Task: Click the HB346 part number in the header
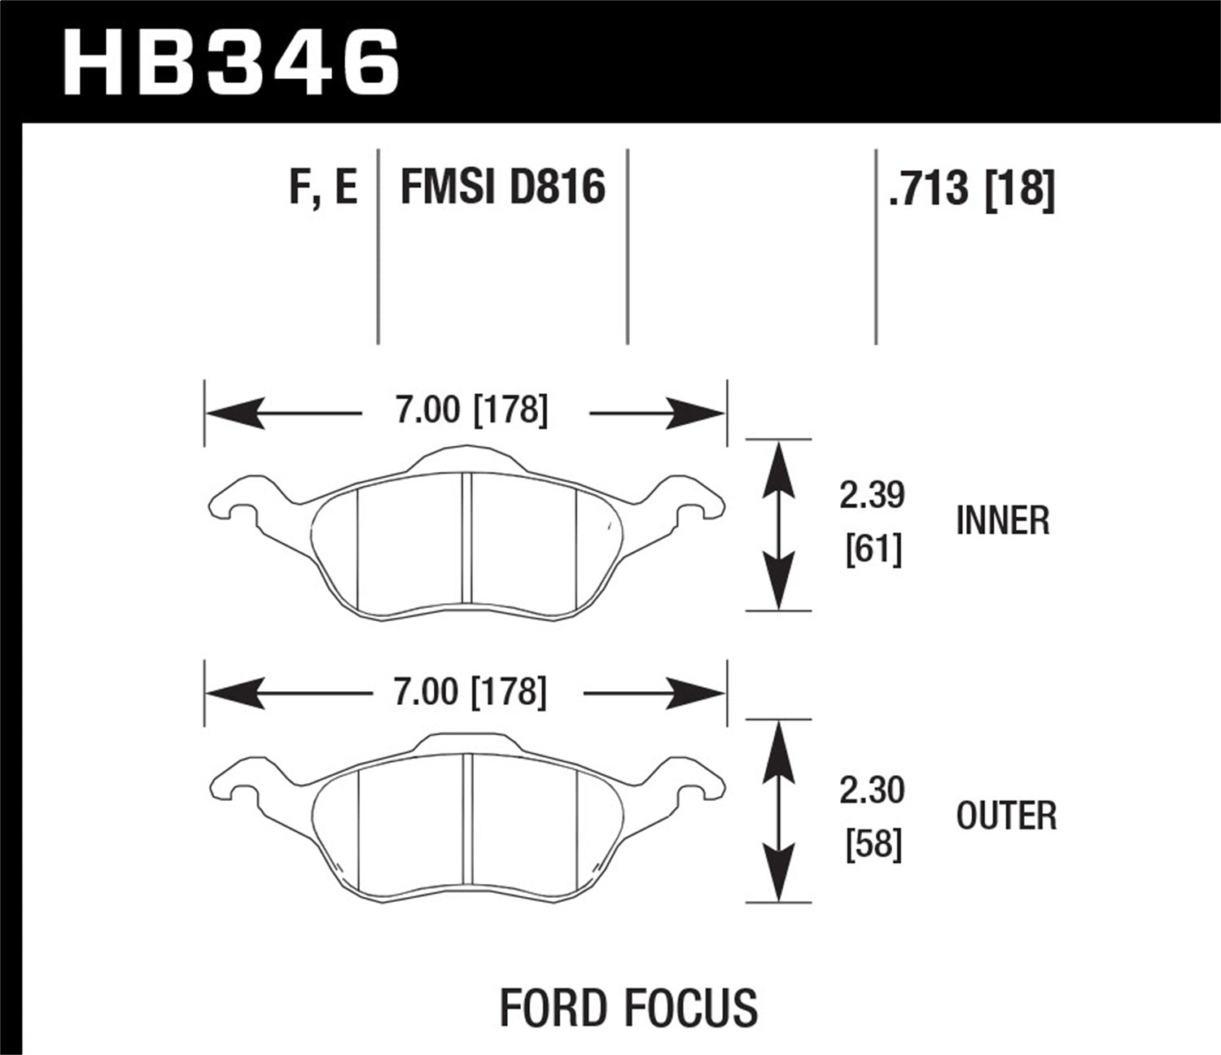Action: [231, 62]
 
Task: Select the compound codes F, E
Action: [323, 187]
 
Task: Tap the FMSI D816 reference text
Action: [503, 187]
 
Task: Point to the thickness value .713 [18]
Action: [972, 189]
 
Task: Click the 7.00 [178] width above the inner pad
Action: [471, 410]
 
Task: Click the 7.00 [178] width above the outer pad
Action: [470, 692]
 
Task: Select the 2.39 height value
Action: [873, 495]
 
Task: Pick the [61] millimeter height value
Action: [873, 551]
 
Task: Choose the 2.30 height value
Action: [873, 790]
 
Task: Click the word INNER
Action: [1003, 521]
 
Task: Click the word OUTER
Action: [1006, 816]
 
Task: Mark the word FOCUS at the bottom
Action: [693, 1008]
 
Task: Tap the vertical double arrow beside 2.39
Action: [779, 525]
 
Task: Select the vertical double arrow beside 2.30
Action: [779, 811]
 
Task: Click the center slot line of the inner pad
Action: [466, 539]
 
